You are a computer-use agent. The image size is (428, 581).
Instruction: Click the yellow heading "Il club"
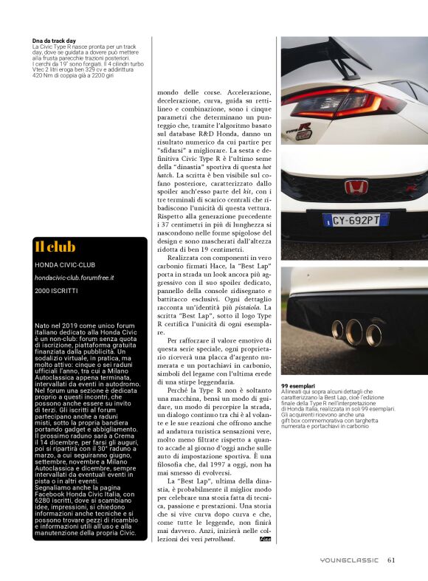pos(55,247)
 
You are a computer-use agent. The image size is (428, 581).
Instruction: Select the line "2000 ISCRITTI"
pos(55,291)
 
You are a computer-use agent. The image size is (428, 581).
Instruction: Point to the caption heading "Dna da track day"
pos(55,40)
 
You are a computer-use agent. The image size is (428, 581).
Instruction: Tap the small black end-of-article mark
pos(266,540)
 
